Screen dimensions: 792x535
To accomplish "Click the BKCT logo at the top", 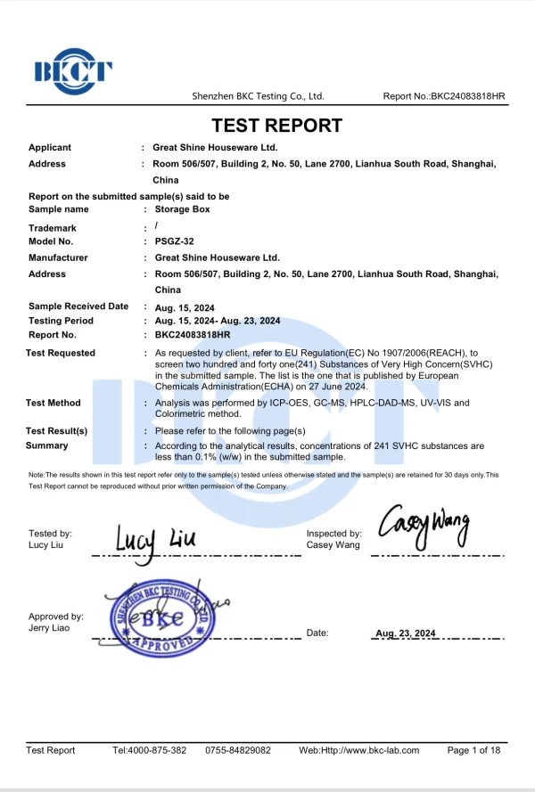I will click(73, 70).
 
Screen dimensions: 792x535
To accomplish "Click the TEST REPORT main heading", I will click(276, 126).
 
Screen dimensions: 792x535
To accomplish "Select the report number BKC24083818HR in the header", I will click(468, 96).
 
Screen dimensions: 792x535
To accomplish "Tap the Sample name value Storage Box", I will click(182, 209).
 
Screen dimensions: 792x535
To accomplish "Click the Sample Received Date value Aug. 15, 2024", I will click(185, 308).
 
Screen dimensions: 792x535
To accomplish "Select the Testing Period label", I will click(61, 321).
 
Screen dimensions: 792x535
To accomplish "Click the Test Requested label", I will click(61, 353).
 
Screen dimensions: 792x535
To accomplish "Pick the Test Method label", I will click(54, 403).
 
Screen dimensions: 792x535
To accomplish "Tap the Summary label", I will click(48, 445).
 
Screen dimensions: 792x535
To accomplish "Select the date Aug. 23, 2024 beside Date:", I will click(406, 633).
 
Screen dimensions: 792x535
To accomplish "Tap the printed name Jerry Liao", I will click(49, 628).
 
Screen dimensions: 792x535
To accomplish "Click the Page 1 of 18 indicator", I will click(473, 750).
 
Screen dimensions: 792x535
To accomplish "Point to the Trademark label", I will click(53, 228).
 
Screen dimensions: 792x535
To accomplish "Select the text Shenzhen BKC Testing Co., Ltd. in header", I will click(259, 96).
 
